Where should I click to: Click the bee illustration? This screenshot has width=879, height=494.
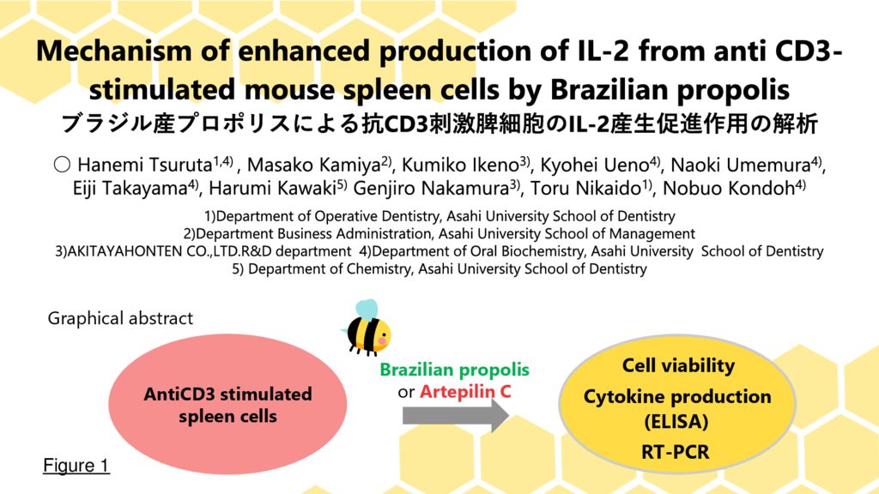click(x=367, y=328)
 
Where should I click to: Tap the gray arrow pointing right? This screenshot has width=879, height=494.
click(x=455, y=416)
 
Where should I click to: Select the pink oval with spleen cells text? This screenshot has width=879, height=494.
click(x=227, y=405)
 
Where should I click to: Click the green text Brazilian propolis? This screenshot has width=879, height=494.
click(x=455, y=370)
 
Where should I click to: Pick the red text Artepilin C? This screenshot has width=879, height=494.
click(x=465, y=391)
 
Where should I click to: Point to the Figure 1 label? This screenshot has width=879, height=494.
click(x=76, y=466)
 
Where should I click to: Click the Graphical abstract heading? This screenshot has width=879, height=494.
click(x=120, y=318)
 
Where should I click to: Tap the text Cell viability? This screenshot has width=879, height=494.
click(x=678, y=365)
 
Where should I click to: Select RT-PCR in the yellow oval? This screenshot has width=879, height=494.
click(x=676, y=451)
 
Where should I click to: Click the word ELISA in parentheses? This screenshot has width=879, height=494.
click(x=676, y=421)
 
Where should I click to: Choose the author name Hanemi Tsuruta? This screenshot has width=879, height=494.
click(x=144, y=165)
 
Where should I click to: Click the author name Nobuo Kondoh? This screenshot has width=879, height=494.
click(x=729, y=188)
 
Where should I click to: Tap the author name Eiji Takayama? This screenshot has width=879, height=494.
click(x=130, y=188)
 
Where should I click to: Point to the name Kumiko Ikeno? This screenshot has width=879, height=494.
click(x=460, y=165)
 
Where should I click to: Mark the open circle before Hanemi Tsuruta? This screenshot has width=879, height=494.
click(x=62, y=165)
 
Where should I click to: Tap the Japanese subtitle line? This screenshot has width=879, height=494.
click(x=439, y=123)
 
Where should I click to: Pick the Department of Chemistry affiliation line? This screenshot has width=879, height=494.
click(x=439, y=268)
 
